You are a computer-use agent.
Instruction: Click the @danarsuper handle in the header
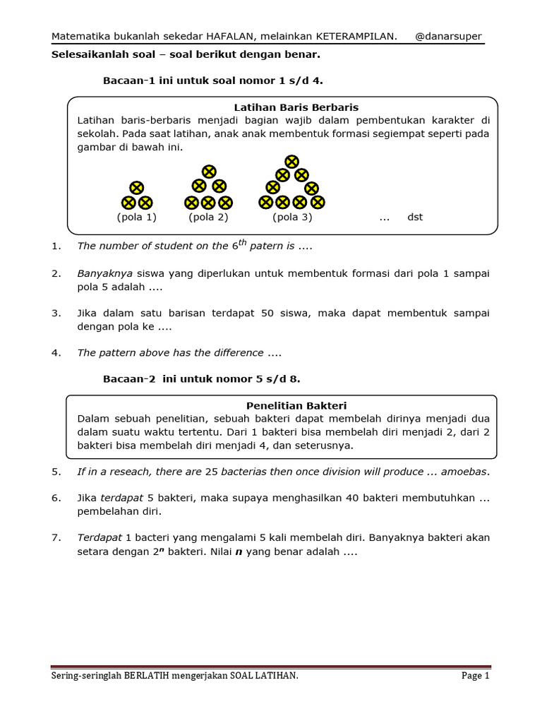coord(449,37)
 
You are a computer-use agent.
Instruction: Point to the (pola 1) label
coord(136,217)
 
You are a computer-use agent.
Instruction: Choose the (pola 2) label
coord(208,217)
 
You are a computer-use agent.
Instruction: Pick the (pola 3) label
coord(292,217)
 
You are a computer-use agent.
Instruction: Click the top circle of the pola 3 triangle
coord(291,162)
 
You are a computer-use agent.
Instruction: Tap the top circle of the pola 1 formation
coord(137,188)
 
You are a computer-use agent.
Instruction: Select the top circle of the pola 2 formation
coord(209,172)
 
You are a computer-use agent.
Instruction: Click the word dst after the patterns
coord(415,217)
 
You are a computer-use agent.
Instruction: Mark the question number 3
coord(56,313)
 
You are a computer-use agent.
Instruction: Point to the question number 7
coord(56,538)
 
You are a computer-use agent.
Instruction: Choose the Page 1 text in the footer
coord(476,676)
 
